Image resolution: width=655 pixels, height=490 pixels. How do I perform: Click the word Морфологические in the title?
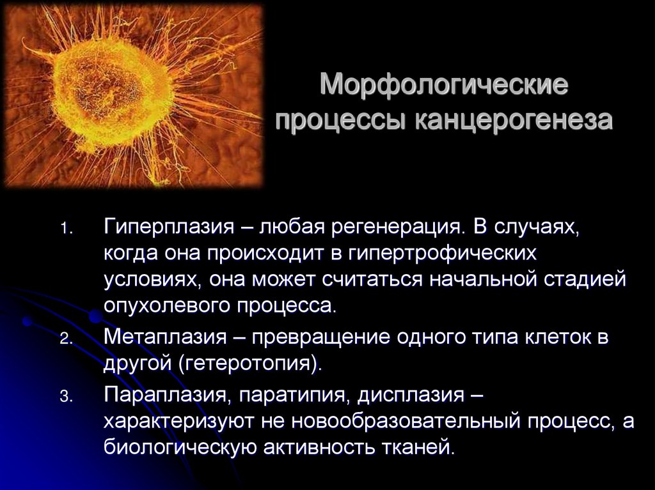coord(444,85)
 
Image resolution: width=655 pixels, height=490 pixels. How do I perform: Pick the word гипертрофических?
coord(441,254)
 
